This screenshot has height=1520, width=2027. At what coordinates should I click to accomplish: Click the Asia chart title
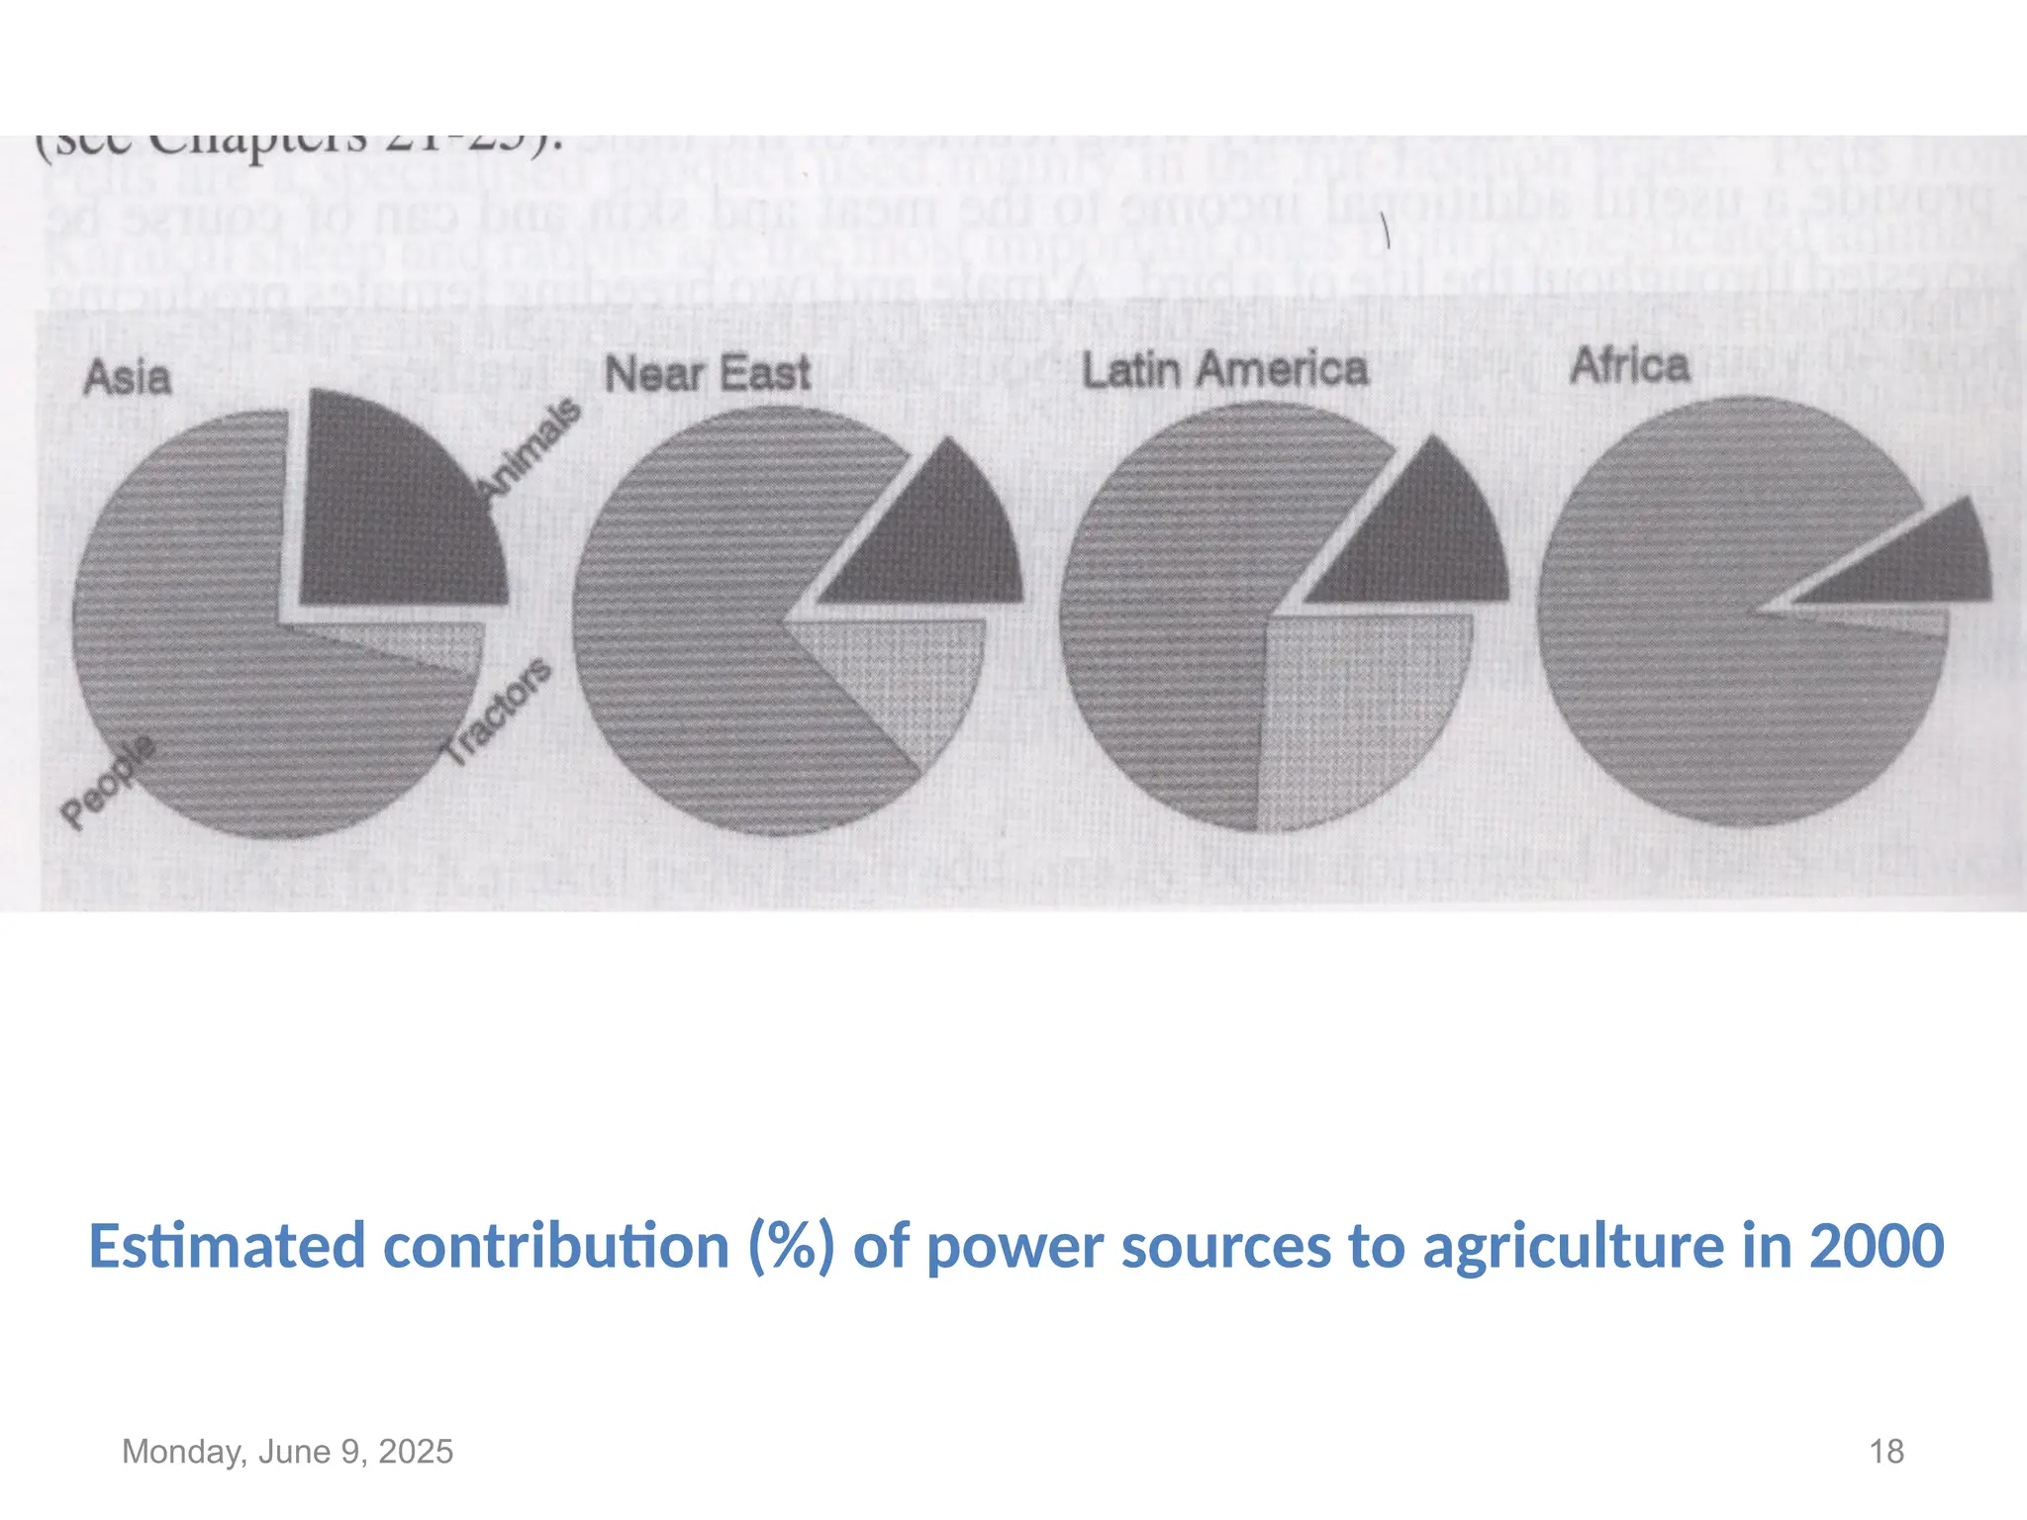(128, 378)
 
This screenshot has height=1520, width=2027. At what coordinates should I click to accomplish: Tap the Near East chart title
(708, 374)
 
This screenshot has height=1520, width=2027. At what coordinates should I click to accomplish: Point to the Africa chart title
(1630, 365)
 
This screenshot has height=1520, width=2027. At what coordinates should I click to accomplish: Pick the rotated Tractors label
(497, 712)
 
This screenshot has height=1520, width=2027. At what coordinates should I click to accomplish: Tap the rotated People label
(108, 781)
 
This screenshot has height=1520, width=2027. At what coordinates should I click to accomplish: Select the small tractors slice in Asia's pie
(416, 645)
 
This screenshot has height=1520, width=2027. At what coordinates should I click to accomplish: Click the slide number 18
(1886, 1452)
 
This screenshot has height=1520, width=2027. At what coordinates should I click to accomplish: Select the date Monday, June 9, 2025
(287, 1452)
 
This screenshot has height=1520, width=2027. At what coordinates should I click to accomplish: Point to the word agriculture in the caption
(1574, 1246)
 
